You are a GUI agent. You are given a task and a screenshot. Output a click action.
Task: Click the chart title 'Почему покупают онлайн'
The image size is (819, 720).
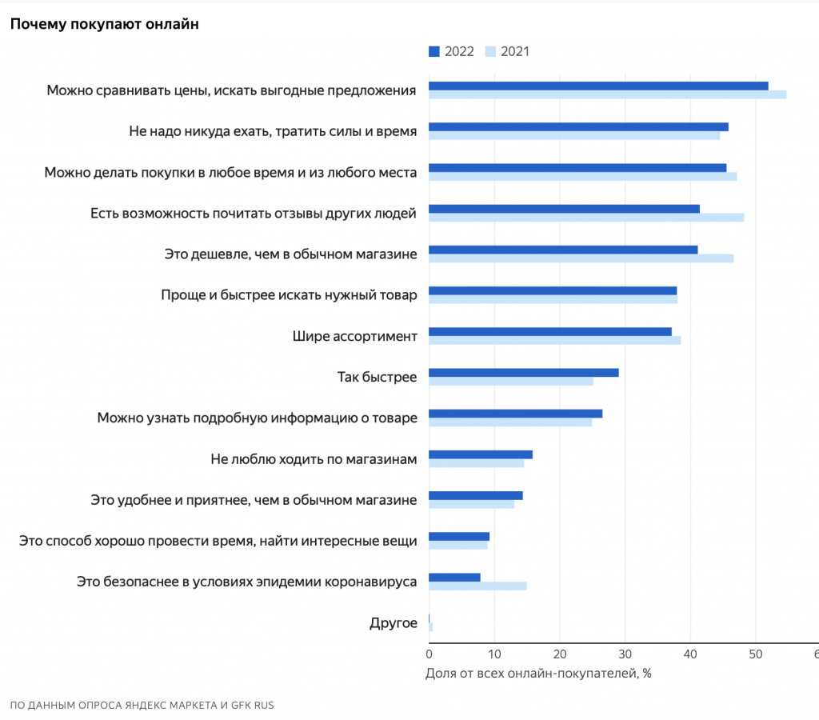tap(104, 24)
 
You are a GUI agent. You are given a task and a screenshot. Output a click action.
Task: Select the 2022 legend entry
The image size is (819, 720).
tap(451, 52)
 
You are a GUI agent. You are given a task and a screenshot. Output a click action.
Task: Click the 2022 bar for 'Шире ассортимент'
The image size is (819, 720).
tap(550, 331)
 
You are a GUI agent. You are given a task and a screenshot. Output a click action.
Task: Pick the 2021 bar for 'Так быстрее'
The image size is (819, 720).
tap(511, 381)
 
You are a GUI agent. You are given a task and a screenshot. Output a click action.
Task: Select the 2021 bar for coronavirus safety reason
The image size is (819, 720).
tap(477, 586)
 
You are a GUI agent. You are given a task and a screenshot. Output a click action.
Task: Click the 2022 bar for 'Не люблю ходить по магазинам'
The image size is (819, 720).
tap(481, 454)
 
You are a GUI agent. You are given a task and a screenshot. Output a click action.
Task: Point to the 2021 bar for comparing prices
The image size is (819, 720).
tap(608, 94)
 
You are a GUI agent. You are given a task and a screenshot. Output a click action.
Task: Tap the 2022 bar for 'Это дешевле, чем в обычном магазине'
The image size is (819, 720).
tap(563, 250)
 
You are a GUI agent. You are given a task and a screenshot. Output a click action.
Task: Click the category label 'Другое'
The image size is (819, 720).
tap(393, 622)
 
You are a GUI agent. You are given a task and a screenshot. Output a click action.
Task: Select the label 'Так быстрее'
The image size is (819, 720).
tap(377, 376)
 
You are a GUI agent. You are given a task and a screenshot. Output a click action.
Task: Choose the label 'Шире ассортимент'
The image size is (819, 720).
tap(355, 335)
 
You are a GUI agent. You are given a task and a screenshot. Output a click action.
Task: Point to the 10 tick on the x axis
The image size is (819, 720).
tap(494, 654)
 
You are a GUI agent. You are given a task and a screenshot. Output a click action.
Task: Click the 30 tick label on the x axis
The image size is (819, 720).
tap(625, 654)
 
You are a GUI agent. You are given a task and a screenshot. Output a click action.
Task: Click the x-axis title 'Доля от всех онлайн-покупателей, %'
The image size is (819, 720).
tap(538, 673)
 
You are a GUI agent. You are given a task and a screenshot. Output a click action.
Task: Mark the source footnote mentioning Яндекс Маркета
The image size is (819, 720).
tap(142, 706)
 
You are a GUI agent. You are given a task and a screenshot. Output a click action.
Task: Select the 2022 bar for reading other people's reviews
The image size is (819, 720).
tap(564, 209)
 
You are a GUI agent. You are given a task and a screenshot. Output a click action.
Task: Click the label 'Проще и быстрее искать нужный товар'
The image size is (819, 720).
tap(289, 294)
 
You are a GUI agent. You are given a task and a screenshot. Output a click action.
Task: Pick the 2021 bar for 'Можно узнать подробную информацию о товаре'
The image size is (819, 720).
tap(510, 422)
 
